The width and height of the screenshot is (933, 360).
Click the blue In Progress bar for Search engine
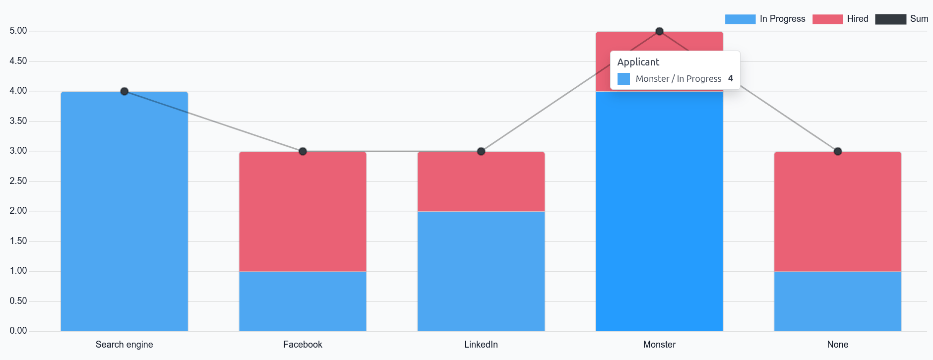tap(124, 211)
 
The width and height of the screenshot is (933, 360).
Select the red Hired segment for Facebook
tap(302, 211)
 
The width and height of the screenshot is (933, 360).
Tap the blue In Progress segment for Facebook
tap(302, 300)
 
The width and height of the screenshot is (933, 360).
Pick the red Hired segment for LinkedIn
tap(481, 181)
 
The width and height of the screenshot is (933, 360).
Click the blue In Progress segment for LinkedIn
tap(481, 270)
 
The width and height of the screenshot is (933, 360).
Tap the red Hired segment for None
tap(837, 211)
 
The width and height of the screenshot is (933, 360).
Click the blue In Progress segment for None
tap(837, 300)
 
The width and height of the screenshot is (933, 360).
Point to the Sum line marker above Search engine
tap(124, 91)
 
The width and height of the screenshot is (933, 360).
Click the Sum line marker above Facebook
tap(302, 151)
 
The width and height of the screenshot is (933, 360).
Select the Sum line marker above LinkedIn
tap(481, 151)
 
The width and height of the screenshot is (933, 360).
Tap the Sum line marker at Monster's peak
tap(659, 31)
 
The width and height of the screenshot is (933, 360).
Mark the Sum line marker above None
tap(837, 151)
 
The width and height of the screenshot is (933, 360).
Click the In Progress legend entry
tap(765, 19)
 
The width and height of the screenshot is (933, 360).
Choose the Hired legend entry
tap(840, 19)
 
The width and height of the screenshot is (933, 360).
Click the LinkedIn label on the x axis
tap(481, 345)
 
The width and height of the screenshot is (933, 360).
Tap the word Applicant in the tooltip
tap(639, 62)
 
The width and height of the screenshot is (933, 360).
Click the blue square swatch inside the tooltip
tap(624, 78)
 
